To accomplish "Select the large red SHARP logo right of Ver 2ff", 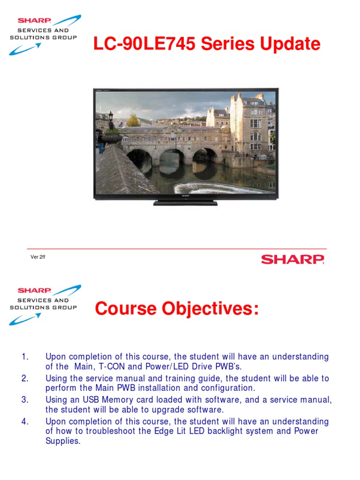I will [x=292, y=259].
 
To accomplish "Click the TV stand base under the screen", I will [x=185, y=202].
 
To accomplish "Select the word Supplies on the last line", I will [x=63, y=441].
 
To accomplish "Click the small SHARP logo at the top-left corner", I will [x=34, y=21].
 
